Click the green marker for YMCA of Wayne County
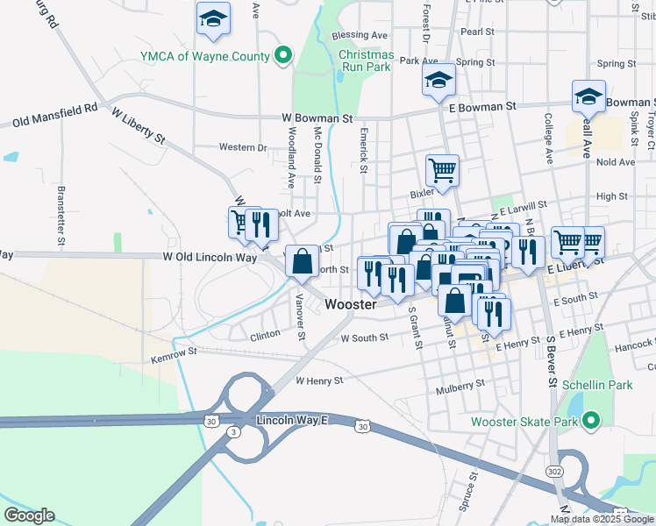tap(282, 57)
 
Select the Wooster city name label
tap(351, 305)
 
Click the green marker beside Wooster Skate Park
tap(590, 422)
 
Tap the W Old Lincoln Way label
tap(210, 258)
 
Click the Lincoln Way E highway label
tap(291, 422)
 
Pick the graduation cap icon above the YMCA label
tap(213, 19)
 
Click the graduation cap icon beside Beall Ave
tap(589, 96)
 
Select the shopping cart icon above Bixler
tap(442, 170)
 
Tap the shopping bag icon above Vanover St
tap(302, 261)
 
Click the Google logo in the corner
tap(29, 515)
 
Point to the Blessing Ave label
tap(360, 36)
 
